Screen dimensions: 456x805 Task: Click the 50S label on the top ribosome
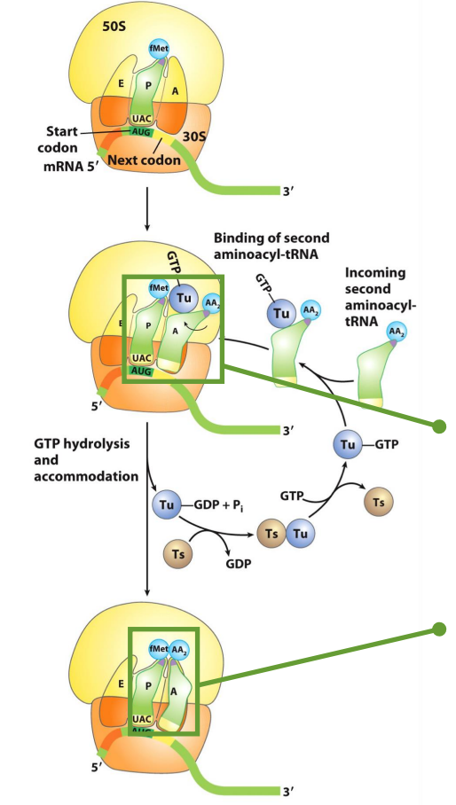click(x=114, y=27)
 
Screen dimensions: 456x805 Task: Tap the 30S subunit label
click(x=194, y=137)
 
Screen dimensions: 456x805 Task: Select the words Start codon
click(x=61, y=139)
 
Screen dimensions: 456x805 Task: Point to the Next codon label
click(x=144, y=160)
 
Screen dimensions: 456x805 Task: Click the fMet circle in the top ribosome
click(x=159, y=48)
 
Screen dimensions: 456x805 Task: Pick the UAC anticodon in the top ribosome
click(x=141, y=119)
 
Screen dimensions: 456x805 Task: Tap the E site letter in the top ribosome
click(x=122, y=82)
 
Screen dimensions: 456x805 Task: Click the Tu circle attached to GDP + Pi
click(x=167, y=505)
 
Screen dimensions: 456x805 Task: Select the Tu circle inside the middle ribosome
click(x=185, y=298)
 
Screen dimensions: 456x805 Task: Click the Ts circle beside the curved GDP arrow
click(x=178, y=554)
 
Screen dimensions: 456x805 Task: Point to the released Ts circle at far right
click(x=379, y=502)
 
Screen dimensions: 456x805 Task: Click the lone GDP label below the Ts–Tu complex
click(x=239, y=564)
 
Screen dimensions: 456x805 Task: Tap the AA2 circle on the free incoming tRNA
click(x=395, y=332)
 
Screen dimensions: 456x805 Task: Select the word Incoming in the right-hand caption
click(x=375, y=273)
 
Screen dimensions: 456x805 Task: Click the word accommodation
click(x=86, y=476)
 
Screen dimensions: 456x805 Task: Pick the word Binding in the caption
click(x=236, y=238)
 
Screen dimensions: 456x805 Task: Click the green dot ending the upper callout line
click(x=439, y=426)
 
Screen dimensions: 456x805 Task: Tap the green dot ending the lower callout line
click(x=439, y=629)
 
